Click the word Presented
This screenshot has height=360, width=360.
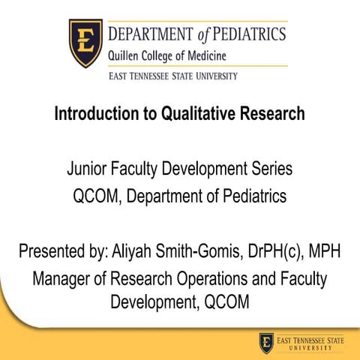[x=51, y=250]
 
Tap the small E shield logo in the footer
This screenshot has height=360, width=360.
[x=266, y=342]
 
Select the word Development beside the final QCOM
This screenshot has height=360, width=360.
[x=148, y=302]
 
